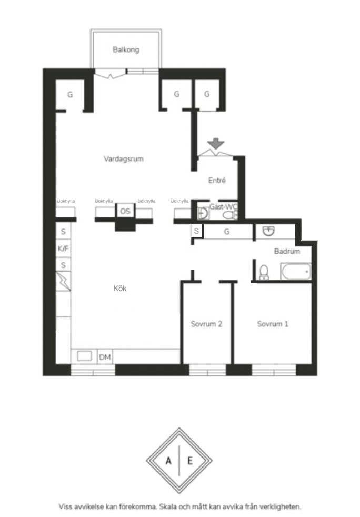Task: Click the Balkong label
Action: [x=126, y=50]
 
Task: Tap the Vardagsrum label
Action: [x=124, y=158]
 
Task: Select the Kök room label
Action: [x=119, y=288]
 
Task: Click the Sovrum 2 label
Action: [x=206, y=324]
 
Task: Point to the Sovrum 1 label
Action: [x=273, y=324]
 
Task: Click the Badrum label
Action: [x=287, y=251]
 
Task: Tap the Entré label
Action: [x=217, y=180]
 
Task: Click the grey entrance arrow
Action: [x=216, y=143]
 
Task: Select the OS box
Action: [x=125, y=211]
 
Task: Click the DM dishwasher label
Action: [x=105, y=357]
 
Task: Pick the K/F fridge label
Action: [x=63, y=248]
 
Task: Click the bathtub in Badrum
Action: [x=296, y=271]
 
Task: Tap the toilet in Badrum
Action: [x=264, y=272]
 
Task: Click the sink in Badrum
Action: [x=268, y=231]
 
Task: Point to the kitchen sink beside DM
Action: [x=84, y=356]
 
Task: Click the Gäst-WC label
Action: [x=224, y=207]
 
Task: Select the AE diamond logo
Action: [x=179, y=460]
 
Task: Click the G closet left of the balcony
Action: [x=70, y=95]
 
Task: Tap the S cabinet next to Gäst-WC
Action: [x=196, y=231]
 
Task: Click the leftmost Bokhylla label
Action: [x=66, y=201]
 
